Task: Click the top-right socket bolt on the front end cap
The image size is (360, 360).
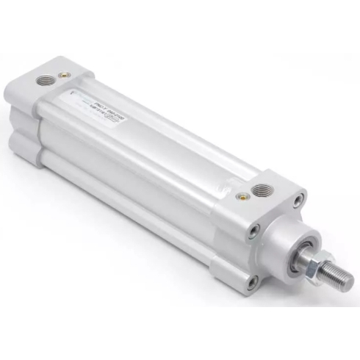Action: pyautogui.click(x=298, y=198)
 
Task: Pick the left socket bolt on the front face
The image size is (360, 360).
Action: pyautogui.click(x=252, y=231)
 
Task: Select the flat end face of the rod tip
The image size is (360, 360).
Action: pyautogui.click(x=348, y=280)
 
